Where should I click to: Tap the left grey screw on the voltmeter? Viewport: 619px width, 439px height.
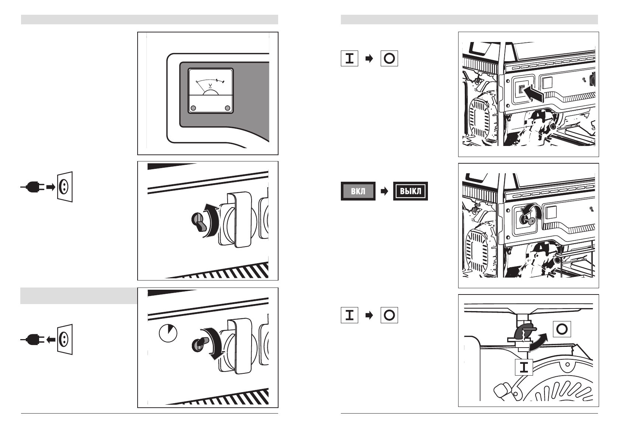pos(193,108)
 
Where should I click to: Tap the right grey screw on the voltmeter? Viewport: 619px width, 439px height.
pos(228,108)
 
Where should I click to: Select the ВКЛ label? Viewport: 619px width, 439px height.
pos(358,191)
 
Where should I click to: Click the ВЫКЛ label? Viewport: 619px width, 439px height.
pos(410,191)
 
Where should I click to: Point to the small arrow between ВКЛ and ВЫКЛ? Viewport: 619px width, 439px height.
pos(384,191)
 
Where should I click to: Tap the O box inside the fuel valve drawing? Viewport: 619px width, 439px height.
pos(561,329)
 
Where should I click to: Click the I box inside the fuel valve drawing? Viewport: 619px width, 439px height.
pos(524,367)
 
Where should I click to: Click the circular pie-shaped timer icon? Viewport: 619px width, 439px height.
pos(168,333)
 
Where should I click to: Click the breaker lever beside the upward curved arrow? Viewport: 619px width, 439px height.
pos(198,222)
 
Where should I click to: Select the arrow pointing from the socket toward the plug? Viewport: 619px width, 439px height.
pos(51,339)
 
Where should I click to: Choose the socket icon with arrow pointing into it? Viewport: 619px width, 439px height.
pos(65,187)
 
